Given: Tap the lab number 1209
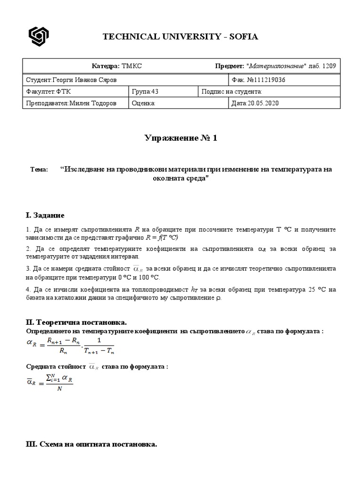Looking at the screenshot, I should pos(328,66).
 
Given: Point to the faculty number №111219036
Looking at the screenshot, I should pos(258,80).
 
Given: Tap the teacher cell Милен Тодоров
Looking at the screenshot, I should pos(71,103).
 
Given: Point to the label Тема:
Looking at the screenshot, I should pos(39,169).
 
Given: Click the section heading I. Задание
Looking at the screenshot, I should pos(45,215).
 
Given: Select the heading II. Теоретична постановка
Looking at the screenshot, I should pos(76,322).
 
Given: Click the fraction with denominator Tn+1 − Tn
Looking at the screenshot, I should pos(99,345).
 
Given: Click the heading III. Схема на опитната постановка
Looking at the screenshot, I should pos(91,444).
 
